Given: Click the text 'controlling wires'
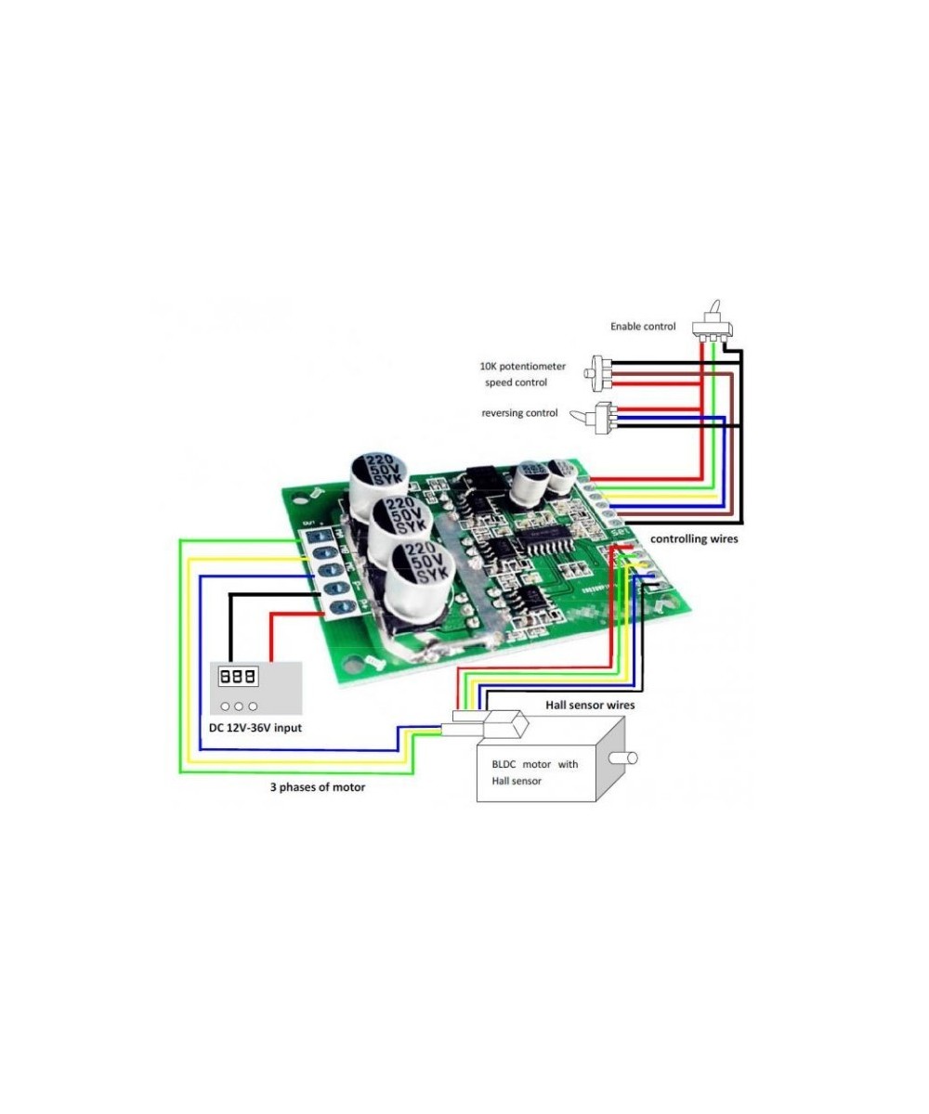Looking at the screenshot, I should [x=694, y=538].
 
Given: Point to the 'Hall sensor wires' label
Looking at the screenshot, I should [x=591, y=706].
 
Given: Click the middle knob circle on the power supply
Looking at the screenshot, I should [x=239, y=706].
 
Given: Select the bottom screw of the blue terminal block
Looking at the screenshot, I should [x=339, y=608].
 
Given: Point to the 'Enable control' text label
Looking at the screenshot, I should [x=643, y=326].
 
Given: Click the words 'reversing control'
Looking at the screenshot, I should [x=519, y=412].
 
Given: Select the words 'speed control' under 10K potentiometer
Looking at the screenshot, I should [x=516, y=382].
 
